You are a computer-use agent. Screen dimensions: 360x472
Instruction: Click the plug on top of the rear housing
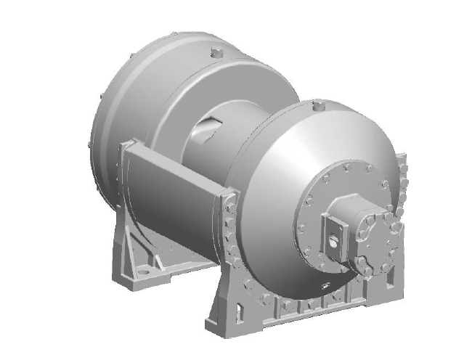(x=216, y=52)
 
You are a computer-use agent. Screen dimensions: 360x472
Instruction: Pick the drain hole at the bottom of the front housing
(x=324, y=287)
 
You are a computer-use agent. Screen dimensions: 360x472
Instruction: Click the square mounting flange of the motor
(x=335, y=230)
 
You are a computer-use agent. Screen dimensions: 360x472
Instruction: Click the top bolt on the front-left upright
(x=231, y=195)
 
